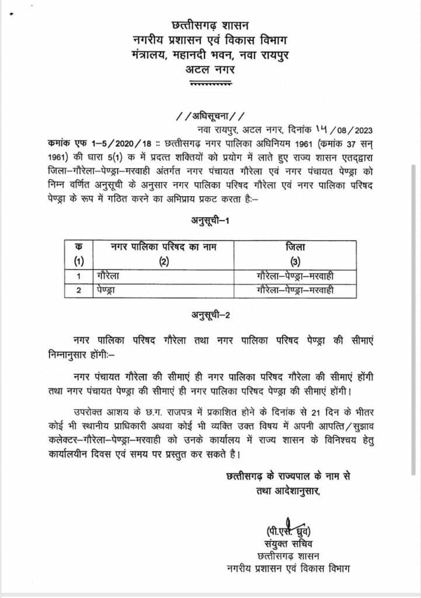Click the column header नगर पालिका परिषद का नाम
(162, 248)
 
